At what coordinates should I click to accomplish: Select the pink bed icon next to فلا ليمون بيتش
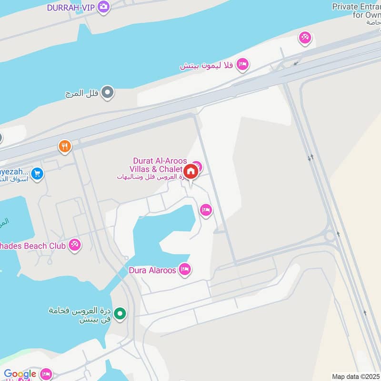242,64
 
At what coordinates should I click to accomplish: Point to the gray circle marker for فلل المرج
108,92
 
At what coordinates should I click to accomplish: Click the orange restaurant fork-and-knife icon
65,146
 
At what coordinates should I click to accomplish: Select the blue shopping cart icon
37,174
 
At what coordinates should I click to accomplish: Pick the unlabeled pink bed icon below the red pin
206,210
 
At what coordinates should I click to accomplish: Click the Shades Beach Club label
33,246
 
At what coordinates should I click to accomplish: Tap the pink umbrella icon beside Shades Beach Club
74,245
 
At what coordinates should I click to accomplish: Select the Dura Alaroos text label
152,270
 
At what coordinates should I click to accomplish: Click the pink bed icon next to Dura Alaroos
185,270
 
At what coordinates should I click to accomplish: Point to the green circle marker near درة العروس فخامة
121,313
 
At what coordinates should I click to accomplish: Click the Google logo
20,374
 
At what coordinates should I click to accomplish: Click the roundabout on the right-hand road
330,236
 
